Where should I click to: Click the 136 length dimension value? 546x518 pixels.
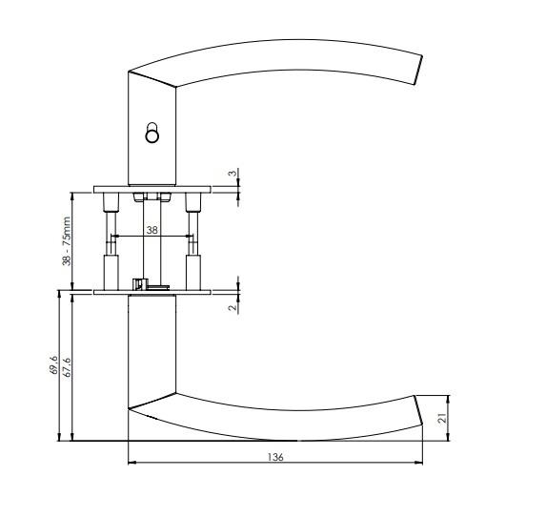click(275, 457)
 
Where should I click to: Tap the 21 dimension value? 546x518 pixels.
click(442, 418)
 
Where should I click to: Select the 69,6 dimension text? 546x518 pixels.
click(53, 365)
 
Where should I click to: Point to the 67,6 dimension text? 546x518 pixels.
click(67, 367)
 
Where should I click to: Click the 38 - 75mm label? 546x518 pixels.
click(67, 240)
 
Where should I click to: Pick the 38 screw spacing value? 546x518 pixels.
click(152, 230)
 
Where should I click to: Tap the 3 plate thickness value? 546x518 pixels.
click(233, 173)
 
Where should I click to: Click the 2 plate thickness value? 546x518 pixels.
click(233, 307)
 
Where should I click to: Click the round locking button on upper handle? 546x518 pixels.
click(152, 133)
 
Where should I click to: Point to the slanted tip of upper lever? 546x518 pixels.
click(418, 70)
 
